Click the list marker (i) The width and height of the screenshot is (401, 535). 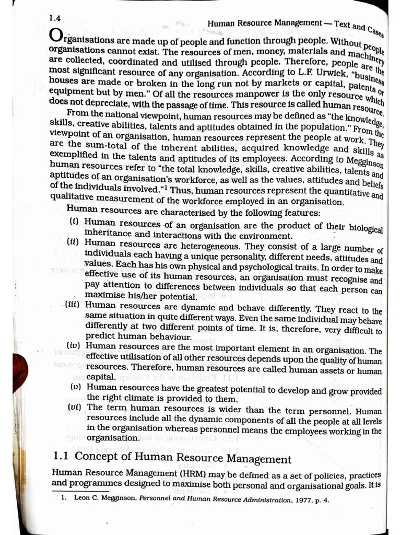75,222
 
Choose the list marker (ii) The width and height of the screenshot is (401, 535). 73,242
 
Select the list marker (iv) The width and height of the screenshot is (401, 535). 74,346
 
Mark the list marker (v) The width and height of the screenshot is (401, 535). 76,387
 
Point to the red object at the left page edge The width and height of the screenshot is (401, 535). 20,369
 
